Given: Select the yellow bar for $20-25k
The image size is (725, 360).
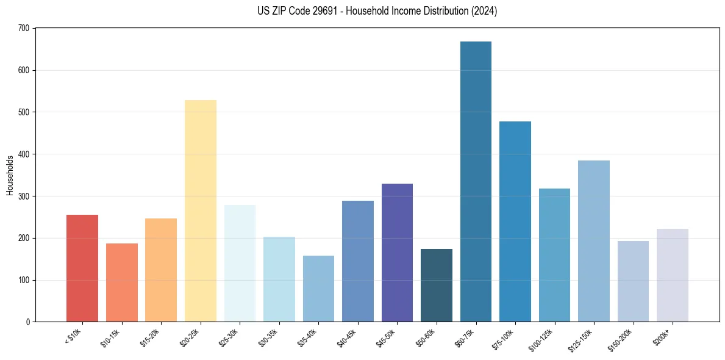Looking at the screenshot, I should [201, 211].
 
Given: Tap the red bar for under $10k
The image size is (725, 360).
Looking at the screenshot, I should [82, 268].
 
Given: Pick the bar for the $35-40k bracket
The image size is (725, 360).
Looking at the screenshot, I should [318, 289].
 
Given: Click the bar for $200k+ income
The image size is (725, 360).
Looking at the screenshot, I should [672, 275].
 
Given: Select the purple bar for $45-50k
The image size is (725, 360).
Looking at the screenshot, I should [397, 253].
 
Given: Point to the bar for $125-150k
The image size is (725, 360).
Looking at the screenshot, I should [593, 241].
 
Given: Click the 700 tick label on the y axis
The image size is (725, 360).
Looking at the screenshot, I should [24, 29].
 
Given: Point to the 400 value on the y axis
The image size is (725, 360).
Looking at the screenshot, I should [24, 154].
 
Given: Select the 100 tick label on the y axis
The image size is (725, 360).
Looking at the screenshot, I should [24, 281].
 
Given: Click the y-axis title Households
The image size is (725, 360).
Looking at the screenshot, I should [10, 175].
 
